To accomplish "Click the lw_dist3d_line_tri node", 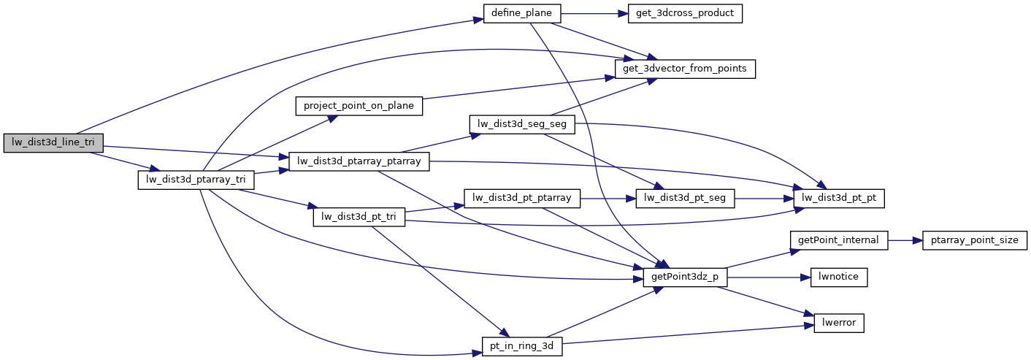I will pos(53,143).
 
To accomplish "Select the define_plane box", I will pos(522,14).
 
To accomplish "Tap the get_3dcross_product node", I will pos(681,14).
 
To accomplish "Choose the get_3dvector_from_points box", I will pos(685,69).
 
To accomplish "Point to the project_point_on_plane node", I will pos(359,106).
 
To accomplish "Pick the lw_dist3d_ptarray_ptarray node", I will pos(359,161).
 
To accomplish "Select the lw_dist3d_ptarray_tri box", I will pos(191,180).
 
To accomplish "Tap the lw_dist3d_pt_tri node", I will pos(359,217).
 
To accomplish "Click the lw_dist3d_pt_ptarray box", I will pos(522,198).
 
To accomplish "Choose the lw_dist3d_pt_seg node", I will pos(685,198).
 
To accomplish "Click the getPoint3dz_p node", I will pos(685,277).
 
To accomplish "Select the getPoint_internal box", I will pos(839,240).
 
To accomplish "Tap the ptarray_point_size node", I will pos(975,240).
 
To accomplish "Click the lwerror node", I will pos(839,322).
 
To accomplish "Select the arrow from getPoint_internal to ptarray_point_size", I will pos(905,240).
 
